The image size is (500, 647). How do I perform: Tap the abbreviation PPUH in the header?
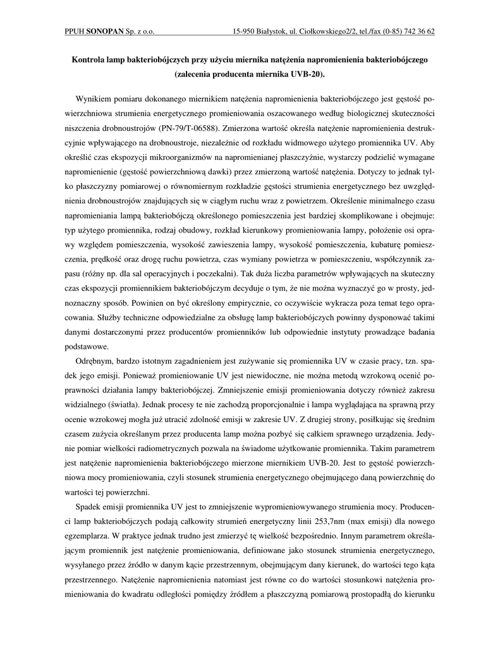point(75,30)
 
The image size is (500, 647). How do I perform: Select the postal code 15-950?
point(245,30)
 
